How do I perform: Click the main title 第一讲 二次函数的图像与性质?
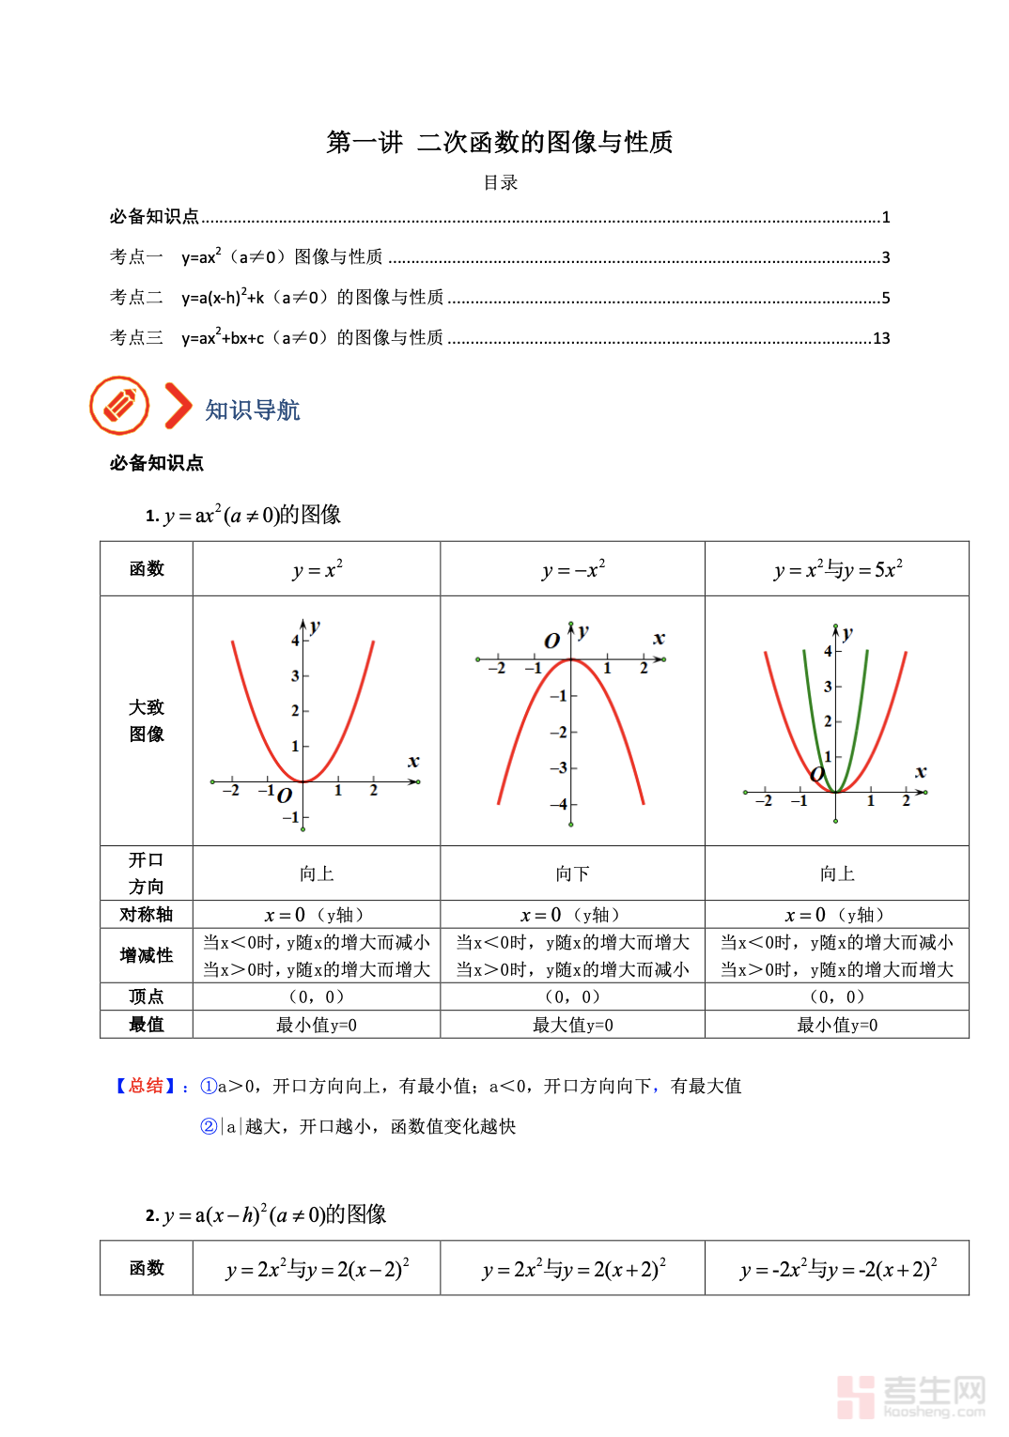pos(500,142)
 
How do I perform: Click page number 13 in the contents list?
pos(881,338)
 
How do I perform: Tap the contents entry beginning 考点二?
pos(277,298)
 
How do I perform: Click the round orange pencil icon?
pos(119,406)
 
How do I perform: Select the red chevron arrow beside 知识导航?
pos(178,406)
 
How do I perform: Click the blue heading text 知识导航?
pos(253,410)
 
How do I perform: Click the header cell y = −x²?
pos(573,569)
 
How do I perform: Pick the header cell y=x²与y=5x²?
pos(838,569)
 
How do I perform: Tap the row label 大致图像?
pos(147,720)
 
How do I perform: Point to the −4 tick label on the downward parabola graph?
pos(561,804)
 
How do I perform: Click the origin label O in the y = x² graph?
pos(285,796)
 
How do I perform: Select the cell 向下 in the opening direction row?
pos(572,873)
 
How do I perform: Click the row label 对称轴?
pos(147,915)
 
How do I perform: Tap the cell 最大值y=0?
pos(572,1025)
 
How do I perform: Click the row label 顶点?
pos(147,997)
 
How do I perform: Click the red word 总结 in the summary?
pos(147,1086)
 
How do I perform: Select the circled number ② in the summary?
pos(209,1126)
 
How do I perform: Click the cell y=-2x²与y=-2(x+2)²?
pos(838,1269)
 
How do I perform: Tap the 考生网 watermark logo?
pos(910,1396)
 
